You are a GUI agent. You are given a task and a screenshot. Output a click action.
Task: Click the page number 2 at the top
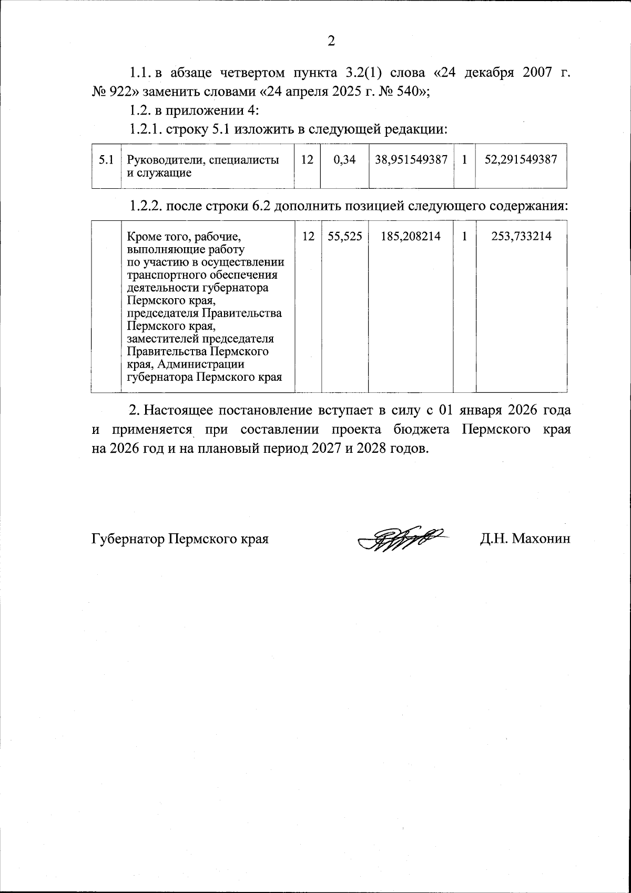[331, 40]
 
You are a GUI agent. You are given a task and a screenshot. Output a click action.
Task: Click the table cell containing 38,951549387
[411, 160]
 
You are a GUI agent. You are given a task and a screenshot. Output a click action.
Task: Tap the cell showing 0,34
[344, 160]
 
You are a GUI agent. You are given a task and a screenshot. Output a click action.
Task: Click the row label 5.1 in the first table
[106, 160]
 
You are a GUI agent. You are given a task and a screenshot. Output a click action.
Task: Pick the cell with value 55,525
[344, 237]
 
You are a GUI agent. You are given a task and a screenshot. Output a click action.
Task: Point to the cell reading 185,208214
[411, 237]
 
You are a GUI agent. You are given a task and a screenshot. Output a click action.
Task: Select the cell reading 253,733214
[521, 237]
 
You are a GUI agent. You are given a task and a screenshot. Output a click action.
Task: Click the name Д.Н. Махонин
[524, 539]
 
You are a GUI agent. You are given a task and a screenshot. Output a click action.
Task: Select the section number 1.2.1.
[146, 129]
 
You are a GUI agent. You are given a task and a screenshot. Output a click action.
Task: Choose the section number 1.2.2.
[146, 206]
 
